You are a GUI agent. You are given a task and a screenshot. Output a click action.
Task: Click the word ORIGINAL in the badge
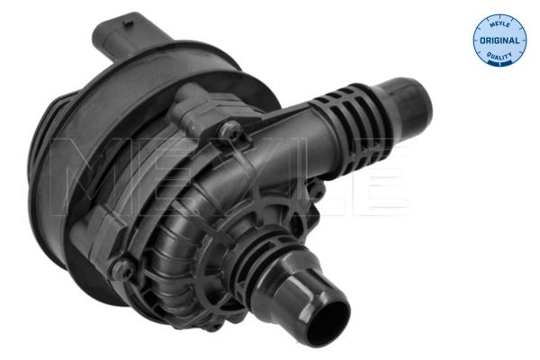499,40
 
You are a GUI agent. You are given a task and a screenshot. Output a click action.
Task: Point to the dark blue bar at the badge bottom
500,63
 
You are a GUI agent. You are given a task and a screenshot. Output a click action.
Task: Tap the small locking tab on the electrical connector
128,23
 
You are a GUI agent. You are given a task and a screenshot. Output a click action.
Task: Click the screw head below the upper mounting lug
229,130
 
